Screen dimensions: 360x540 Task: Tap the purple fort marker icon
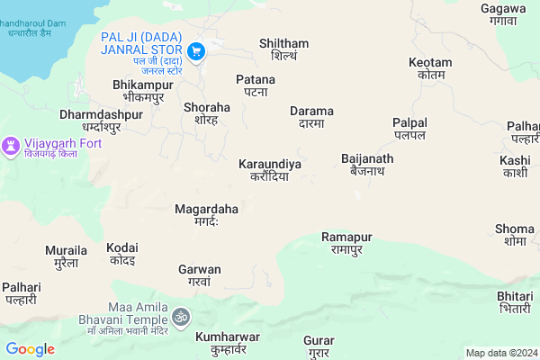[11, 145]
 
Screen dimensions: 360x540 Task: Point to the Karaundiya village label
[270, 170]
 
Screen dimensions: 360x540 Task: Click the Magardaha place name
[206, 215]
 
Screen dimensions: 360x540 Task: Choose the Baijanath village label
[367, 165]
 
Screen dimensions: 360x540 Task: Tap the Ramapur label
[346, 242]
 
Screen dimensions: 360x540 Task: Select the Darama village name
[312, 117]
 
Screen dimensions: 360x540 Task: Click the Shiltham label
[283, 49]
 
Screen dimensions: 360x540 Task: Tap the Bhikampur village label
[140, 90]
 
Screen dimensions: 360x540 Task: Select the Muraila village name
[66, 256]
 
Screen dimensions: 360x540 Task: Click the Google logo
[30, 349]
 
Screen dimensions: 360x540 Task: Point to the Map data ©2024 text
[500, 353]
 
